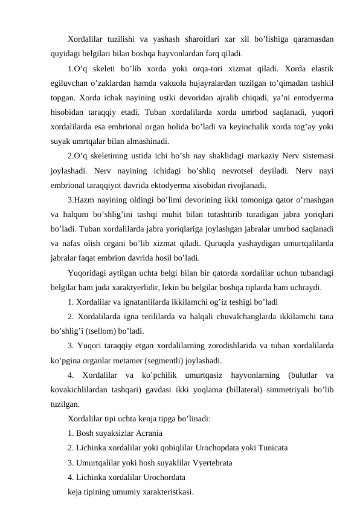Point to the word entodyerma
pyautogui.click(x=313, y=98)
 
